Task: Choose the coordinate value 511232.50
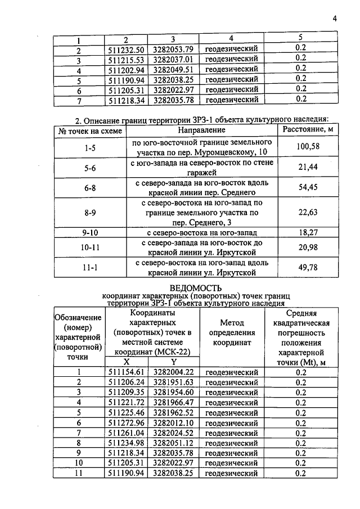tap(127, 49)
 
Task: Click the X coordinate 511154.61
tap(127, 372)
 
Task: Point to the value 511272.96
tap(127, 422)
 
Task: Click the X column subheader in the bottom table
tap(127, 362)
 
